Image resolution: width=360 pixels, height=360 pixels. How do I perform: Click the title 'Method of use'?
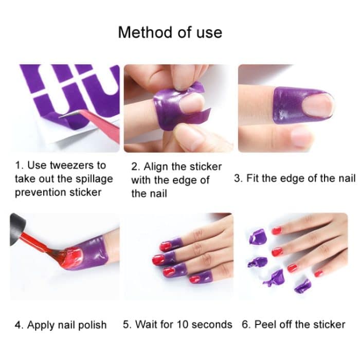[x=170, y=32]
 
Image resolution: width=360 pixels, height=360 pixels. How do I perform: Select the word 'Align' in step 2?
[x=158, y=167]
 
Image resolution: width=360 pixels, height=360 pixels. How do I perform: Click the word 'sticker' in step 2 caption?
[x=204, y=167]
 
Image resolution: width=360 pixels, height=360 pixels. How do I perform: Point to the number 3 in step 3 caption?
[x=237, y=179]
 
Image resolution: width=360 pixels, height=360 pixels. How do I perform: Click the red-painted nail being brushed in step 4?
[x=72, y=255]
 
